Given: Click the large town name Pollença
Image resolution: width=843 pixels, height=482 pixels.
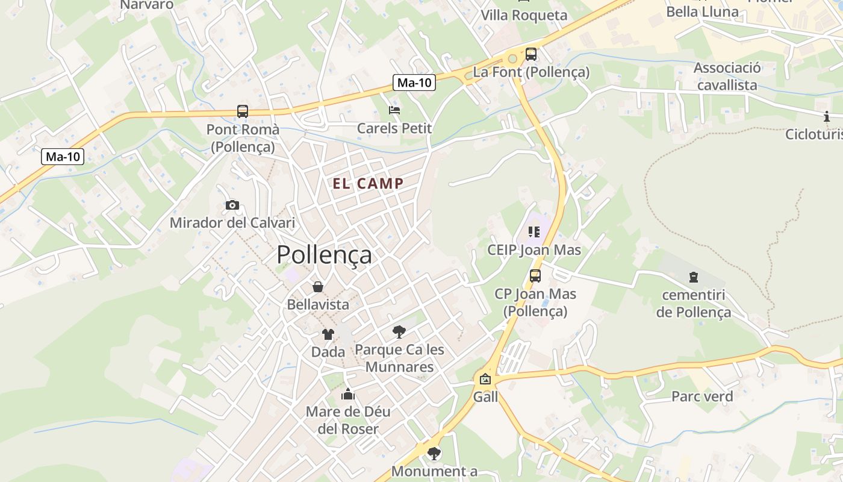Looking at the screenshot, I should [324, 255].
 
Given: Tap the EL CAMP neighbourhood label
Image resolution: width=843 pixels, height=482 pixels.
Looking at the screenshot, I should [368, 184].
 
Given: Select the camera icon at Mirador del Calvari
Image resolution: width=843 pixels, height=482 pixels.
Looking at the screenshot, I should [232, 205].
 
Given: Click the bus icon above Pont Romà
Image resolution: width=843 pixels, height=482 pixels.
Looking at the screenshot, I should [243, 111].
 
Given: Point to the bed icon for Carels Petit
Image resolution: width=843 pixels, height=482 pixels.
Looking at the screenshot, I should [394, 110].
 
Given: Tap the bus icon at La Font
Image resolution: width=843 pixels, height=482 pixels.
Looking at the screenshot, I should [530, 54].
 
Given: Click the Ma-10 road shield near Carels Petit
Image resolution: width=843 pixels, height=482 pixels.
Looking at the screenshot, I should [414, 83].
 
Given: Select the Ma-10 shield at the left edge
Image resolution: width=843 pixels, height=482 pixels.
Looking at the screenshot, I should [63, 157].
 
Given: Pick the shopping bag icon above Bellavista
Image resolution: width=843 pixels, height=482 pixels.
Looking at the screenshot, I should [317, 287].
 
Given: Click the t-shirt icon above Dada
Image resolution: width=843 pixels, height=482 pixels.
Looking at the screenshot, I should [328, 334].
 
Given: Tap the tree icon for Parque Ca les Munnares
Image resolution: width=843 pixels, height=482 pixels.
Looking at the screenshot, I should [399, 331].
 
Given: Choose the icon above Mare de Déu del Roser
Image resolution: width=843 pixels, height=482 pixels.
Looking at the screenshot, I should [348, 395].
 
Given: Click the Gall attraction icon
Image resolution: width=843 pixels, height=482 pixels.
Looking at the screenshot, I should [485, 380].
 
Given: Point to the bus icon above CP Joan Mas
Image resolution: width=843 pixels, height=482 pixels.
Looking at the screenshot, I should [535, 276].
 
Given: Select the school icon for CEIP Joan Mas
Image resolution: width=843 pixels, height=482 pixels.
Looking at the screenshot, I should [533, 232].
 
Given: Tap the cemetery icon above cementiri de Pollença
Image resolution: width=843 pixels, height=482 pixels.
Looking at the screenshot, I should [693, 278].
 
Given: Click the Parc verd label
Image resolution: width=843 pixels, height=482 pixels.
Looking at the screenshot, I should [702, 396].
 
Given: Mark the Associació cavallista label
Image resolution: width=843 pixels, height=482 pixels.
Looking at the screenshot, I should [727, 76].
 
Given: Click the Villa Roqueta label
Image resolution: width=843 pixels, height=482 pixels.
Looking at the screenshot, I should [524, 15].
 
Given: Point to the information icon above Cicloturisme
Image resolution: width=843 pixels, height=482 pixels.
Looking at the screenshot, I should [827, 117].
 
